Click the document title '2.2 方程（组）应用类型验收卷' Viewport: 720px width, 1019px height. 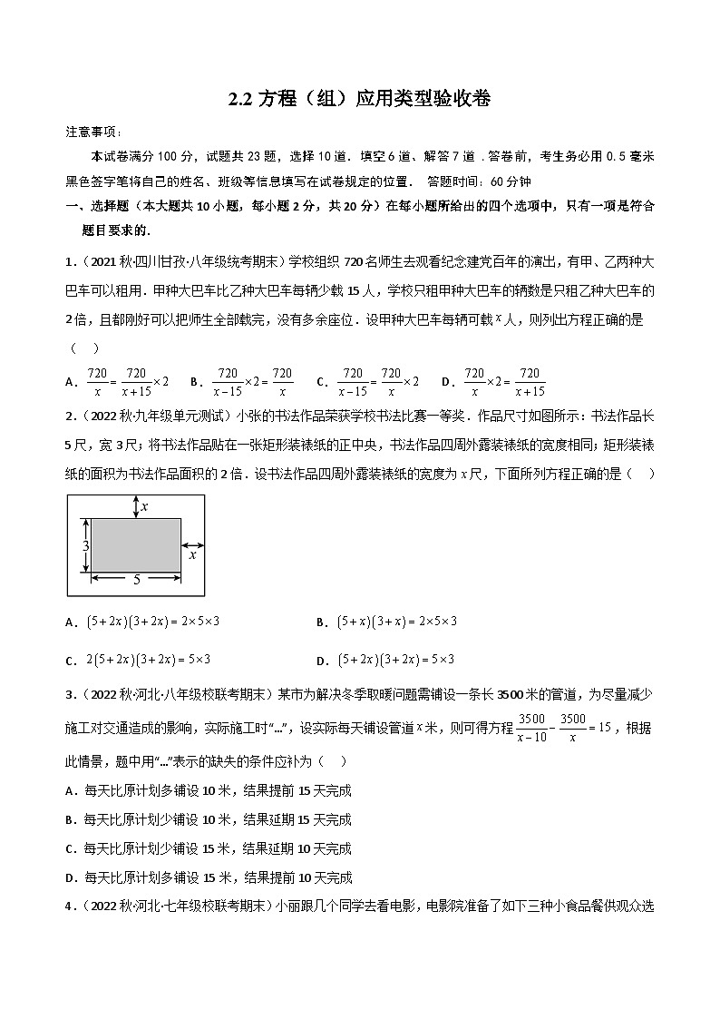tap(359, 99)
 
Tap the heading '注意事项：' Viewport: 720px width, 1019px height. tap(93, 132)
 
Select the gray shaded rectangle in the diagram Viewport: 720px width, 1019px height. tap(135, 544)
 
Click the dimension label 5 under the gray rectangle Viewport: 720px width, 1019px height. tap(136, 578)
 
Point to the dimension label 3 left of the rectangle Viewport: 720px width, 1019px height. tap(85, 546)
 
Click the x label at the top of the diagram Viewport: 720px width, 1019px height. tap(144, 506)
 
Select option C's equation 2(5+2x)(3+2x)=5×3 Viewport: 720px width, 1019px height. tap(146, 660)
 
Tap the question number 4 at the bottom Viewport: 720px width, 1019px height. tap(70, 906)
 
